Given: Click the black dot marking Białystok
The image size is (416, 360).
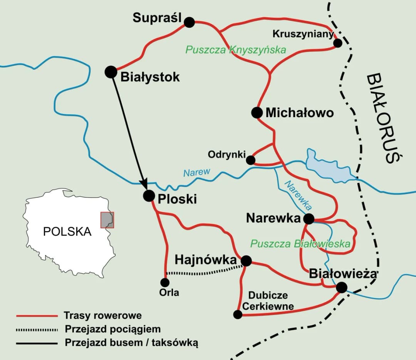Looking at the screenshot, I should coord(111,72).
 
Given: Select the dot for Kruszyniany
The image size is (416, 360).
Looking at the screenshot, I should coord(337,43).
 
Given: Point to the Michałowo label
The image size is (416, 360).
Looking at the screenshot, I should coord(299,113).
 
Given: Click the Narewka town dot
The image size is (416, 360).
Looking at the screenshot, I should coord(309,219).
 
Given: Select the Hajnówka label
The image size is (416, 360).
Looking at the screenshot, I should coord(205,260).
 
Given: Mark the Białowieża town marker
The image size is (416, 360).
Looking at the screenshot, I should coord(341,288).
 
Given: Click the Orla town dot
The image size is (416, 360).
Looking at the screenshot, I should coord(165,283).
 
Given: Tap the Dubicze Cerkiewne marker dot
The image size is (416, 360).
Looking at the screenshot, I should coord(238,315).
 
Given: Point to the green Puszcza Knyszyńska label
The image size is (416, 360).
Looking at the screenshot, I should coord(236,50).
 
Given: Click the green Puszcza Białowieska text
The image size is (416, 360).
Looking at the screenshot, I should coord(300,244).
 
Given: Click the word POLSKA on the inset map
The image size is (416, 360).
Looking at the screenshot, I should coord(67,231).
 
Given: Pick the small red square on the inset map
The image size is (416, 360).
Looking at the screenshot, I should coord(107,219).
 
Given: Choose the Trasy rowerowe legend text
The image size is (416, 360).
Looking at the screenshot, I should coord(102,316).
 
